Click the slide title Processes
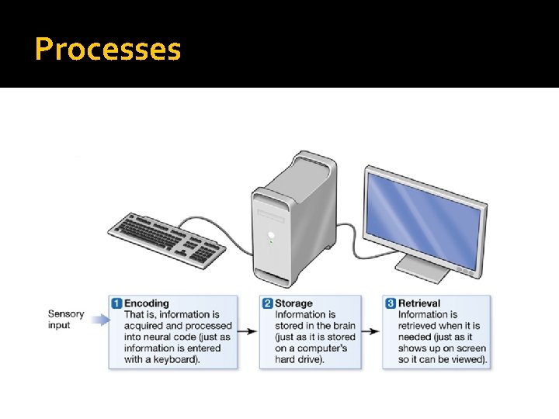pos(108,50)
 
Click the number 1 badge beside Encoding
pos(116,303)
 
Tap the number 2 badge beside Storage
pos(268,303)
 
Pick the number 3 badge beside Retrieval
pos(391,303)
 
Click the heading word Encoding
pos(147,303)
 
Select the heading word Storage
pos(293,303)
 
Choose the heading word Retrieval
pos(419,303)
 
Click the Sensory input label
pos(65,320)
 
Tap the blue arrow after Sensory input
pos(98,319)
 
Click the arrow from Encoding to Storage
pos(248,331)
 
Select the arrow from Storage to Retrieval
pos(371,331)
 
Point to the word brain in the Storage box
pos(341,326)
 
